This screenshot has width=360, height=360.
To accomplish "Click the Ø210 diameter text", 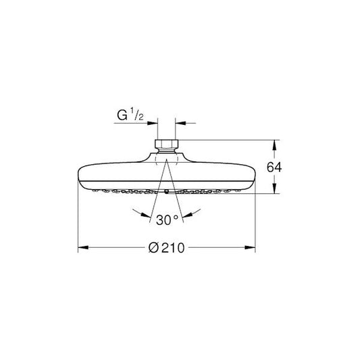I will [x=166, y=248].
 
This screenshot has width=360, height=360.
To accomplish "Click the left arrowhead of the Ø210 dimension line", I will [x=82, y=248].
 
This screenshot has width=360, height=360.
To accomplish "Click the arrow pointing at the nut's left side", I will [x=153, y=124].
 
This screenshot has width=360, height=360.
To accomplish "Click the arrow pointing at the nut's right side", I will [x=179, y=124].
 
